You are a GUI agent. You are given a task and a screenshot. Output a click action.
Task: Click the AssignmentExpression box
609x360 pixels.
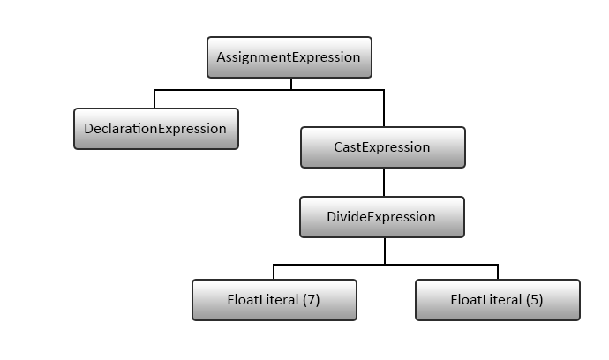coord(289,57)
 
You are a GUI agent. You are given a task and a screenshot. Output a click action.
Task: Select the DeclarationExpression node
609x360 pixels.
coord(155,129)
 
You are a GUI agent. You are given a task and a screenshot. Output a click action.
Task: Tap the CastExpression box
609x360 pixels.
coord(382,147)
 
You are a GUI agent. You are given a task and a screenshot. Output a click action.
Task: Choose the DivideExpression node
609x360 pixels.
coord(382,217)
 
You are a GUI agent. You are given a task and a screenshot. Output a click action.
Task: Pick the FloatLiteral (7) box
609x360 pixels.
coord(274,300)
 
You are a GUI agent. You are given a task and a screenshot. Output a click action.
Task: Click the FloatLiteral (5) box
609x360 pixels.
coord(497,300)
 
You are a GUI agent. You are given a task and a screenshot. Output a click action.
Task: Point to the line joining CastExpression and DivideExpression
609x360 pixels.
coord(384,182)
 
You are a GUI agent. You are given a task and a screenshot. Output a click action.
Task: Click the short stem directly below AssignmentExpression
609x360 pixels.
coord(291,84)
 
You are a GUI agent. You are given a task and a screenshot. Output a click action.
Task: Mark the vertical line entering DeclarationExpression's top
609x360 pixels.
coord(155,99)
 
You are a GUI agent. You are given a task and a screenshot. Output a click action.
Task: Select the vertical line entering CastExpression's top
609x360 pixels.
coord(384,108)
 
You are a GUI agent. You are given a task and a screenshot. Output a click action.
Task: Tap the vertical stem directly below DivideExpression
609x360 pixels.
coord(385,251)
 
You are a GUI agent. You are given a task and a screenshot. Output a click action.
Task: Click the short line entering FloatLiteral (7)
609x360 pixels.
coord(274,272)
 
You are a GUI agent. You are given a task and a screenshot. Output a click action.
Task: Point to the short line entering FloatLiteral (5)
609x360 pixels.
coord(498,272)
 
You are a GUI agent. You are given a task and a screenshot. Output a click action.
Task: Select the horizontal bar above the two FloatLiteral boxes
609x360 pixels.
coord(386,264)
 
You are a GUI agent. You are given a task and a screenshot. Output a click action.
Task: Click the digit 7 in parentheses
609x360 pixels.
coord(311,300)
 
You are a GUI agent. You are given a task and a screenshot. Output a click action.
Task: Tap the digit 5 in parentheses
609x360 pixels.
coord(534,300)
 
